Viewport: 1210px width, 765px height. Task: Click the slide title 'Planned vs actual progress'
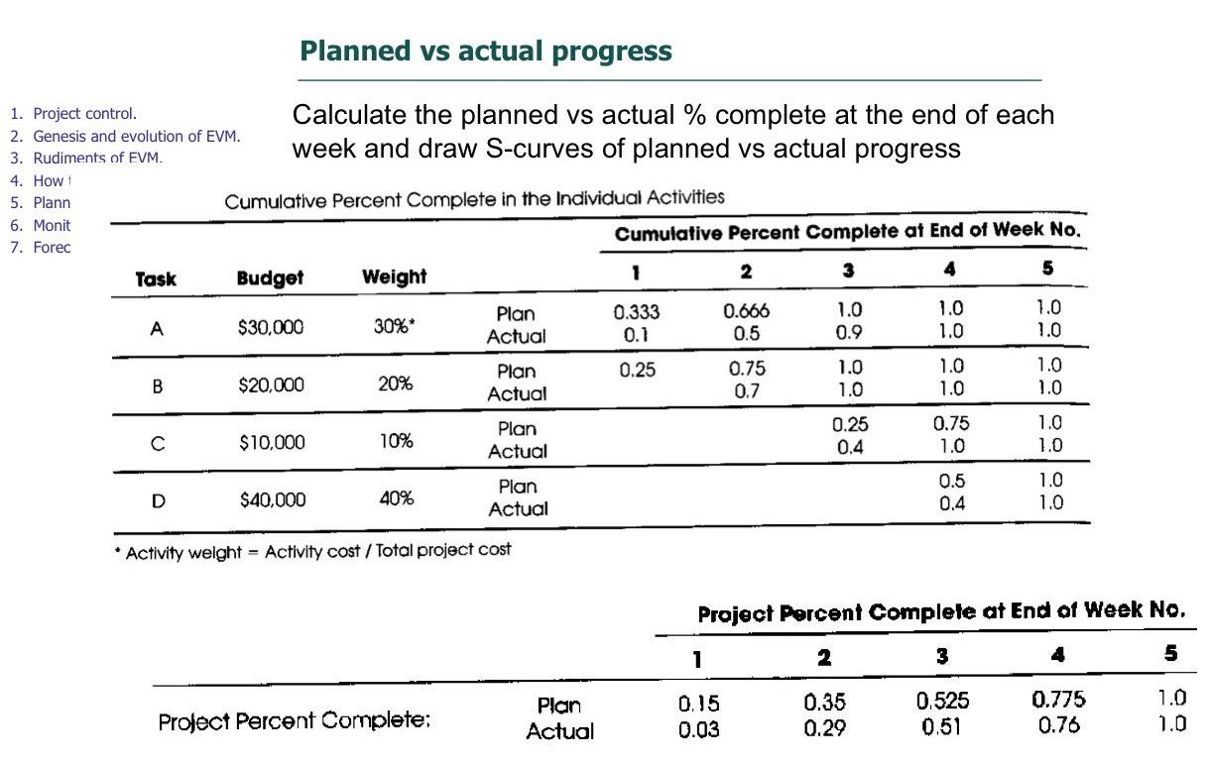(485, 52)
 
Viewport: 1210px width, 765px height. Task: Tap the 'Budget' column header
(270, 278)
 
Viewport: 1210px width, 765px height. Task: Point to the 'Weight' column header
(394, 277)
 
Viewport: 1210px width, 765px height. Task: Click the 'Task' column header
(156, 279)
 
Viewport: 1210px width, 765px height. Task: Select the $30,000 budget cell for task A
(271, 328)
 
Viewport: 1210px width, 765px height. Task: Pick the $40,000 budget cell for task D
(272, 499)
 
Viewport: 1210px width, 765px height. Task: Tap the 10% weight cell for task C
(396, 442)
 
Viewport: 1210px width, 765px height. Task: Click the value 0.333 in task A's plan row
(637, 312)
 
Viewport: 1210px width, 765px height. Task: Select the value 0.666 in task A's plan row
(746, 311)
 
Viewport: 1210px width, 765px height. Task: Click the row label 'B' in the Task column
(156, 385)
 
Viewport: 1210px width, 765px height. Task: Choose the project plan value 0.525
(942, 702)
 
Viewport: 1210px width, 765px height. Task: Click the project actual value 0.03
(698, 730)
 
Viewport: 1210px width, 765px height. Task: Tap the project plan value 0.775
(1059, 700)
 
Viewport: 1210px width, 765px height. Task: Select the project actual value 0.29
(824, 729)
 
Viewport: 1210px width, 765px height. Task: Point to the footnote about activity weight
(317, 550)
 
